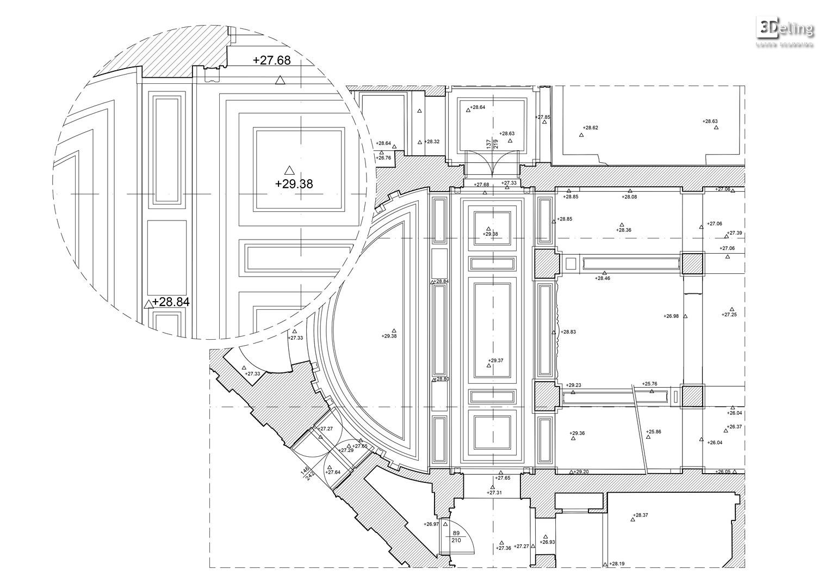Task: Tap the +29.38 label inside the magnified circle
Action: coord(294,184)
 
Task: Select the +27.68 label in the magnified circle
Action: coord(272,60)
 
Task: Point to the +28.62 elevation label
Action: coord(590,128)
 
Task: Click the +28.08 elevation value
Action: coord(629,197)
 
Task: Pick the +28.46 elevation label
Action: coord(602,278)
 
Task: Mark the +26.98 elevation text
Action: coord(671,316)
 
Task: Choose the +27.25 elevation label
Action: coord(729,315)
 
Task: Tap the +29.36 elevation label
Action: coord(577,433)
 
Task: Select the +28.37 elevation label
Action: coord(641,515)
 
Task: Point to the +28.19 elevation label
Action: coord(617,564)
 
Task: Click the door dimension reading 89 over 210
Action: coord(456,537)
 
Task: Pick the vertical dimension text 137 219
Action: coord(492,144)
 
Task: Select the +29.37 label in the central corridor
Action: coord(495,360)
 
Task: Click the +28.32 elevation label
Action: coord(432,142)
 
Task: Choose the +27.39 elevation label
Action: coord(735,233)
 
